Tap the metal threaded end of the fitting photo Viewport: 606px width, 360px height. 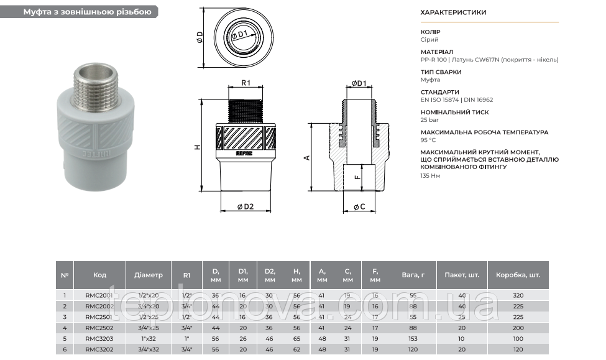coord(88,81)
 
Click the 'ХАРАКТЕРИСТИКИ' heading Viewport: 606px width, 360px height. coord(453,12)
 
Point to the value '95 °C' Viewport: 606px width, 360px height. coord(428,140)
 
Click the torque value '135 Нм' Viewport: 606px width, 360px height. coord(430,176)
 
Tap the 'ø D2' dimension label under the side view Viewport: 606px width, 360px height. coord(245,206)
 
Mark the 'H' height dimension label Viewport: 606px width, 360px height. coord(197,147)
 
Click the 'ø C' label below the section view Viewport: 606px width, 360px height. coord(359,206)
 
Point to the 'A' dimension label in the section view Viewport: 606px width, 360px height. coord(306,158)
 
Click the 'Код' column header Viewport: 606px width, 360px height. coord(99,274)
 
